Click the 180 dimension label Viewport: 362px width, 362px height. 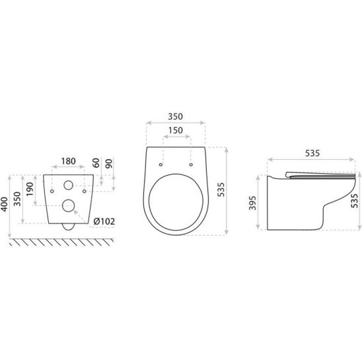coord(68,161)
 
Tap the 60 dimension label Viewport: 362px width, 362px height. coord(96,163)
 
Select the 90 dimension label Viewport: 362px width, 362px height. coord(110,163)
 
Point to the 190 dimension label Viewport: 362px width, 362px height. coord(30,190)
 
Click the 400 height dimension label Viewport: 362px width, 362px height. coord(5,204)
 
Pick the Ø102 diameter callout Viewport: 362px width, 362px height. coord(104,221)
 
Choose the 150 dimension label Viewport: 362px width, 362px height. coord(176,130)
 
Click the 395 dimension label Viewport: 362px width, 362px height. coord(253,203)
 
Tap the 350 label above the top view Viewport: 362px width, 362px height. coord(175,116)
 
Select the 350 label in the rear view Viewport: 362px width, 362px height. coord(17,199)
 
